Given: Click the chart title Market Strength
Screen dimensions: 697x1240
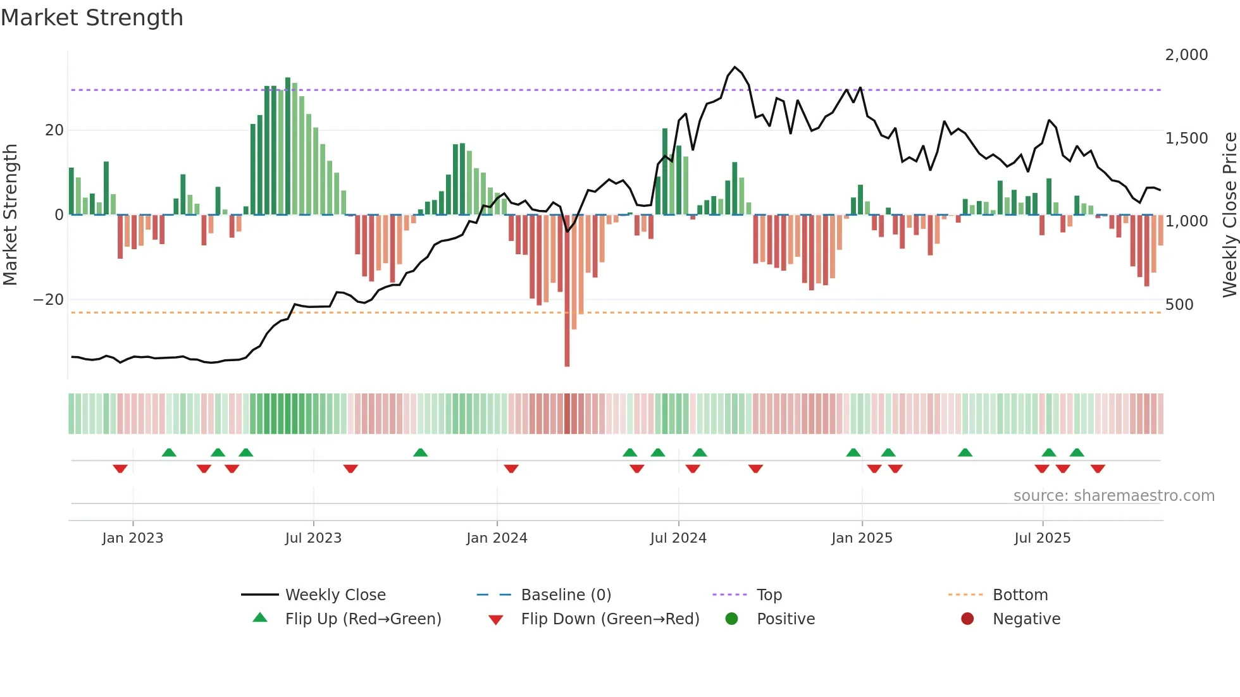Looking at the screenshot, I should [x=92, y=18].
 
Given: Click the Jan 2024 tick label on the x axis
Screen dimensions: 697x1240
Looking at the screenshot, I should [x=497, y=538].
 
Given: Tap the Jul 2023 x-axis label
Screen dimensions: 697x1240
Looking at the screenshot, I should [x=313, y=538].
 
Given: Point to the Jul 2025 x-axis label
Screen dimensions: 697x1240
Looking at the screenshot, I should [x=1042, y=538].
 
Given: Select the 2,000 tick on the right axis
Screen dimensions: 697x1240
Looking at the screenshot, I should [x=1186, y=55].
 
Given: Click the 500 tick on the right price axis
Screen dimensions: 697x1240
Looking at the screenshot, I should [x=1179, y=305].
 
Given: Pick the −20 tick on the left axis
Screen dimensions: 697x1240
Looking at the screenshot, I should [x=49, y=300].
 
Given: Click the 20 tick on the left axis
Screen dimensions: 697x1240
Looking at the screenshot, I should [x=54, y=130].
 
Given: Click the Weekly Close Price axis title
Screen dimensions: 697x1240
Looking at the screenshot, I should [x=1229, y=215].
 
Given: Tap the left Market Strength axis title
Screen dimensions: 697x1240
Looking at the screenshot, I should [x=10, y=215].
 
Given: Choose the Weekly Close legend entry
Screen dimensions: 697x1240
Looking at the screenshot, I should [x=335, y=595].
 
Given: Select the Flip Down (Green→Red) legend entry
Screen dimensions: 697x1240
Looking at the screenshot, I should [x=610, y=619].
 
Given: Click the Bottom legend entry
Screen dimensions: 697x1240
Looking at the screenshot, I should [x=1020, y=595].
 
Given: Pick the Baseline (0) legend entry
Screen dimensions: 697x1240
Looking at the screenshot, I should [x=566, y=595].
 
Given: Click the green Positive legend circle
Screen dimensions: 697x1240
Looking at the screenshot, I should [x=732, y=619].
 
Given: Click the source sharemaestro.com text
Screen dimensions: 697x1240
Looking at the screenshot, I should [x=1113, y=496].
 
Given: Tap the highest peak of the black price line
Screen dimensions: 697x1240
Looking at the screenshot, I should [x=735, y=67].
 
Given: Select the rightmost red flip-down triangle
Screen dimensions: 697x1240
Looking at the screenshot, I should [x=1098, y=469].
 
